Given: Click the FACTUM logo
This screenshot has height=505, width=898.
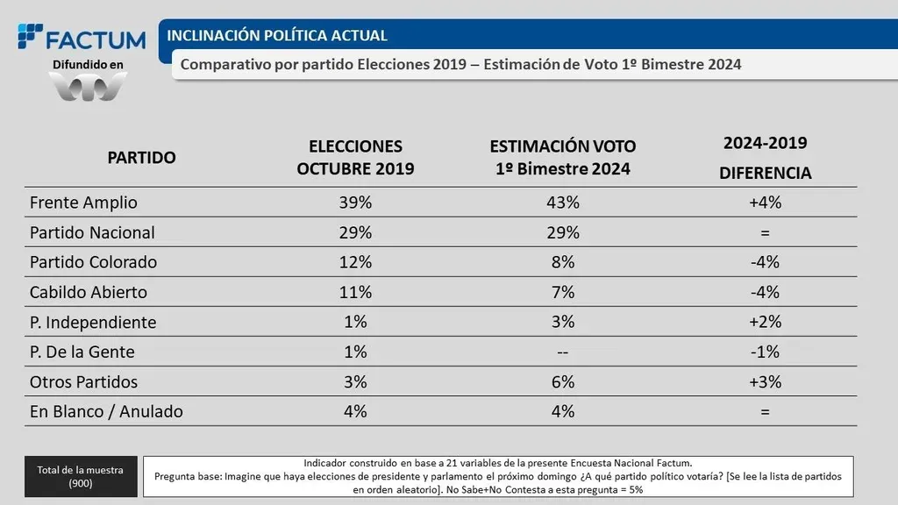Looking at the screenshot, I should pos(82,39).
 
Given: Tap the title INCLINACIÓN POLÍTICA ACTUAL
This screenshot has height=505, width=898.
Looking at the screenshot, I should pos(277,36).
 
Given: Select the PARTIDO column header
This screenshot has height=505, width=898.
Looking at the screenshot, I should pos(141,158).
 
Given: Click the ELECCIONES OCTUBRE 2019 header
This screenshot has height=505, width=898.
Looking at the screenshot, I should pos(355,157).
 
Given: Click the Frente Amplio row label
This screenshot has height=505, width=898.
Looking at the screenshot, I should pos(83,203).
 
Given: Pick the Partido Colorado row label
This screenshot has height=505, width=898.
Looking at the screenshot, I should pos(93,262).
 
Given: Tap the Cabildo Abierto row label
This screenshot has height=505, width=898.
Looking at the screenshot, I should pos(88,292).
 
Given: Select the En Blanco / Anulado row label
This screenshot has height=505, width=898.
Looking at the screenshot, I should pos(106,411).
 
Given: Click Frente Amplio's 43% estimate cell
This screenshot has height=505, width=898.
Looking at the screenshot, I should pos(562,203).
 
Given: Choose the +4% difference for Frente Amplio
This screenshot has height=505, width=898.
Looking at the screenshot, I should pos(765,203).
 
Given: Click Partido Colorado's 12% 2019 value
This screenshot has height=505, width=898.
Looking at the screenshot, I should pos(356,262).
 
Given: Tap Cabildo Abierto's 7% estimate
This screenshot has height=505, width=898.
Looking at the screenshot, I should pos(562,292).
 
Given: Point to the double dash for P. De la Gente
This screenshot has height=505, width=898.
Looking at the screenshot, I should pos(562,352).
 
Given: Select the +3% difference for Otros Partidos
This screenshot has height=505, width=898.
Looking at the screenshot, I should pos(765,382).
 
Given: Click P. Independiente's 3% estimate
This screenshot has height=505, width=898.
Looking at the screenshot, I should pos(562,322).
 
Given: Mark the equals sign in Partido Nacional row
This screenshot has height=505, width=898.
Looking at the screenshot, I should pos(765,232).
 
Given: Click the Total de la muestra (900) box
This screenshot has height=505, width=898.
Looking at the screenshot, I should pos(81,476).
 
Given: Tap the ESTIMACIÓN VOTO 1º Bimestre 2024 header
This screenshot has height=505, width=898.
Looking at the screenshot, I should pos(562,157).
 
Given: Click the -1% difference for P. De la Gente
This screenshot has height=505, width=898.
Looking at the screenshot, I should pos(765,352).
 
